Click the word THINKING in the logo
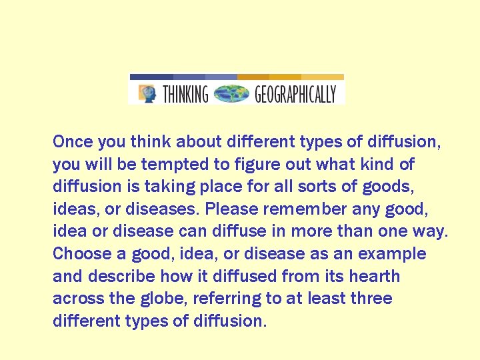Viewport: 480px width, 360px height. click(185, 94)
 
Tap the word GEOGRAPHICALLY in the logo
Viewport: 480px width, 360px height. click(295, 94)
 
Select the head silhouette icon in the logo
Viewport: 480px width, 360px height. click(147, 93)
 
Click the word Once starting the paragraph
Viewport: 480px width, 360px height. click(73, 141)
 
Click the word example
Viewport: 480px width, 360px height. click(392, 254)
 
